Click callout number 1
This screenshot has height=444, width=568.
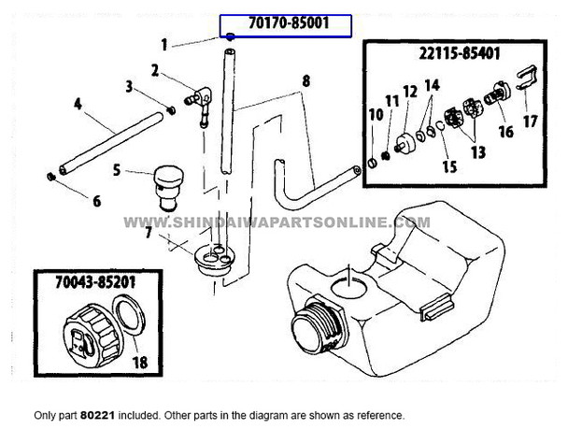pyautogui.click(x=164, y=44)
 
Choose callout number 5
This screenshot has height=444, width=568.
pyautogui.click(x=117, y=170)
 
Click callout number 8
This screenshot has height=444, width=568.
pyautogui.click(x=304, y=81)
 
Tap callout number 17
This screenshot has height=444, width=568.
pyautogui.click(x=530, y=121)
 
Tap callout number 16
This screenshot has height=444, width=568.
pyautogui.click(x=506, y=133)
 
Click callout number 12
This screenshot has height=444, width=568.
pyautogui.click(x=408, y=92)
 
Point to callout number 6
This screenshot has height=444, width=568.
pyautogui.click(x=67, y=200)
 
